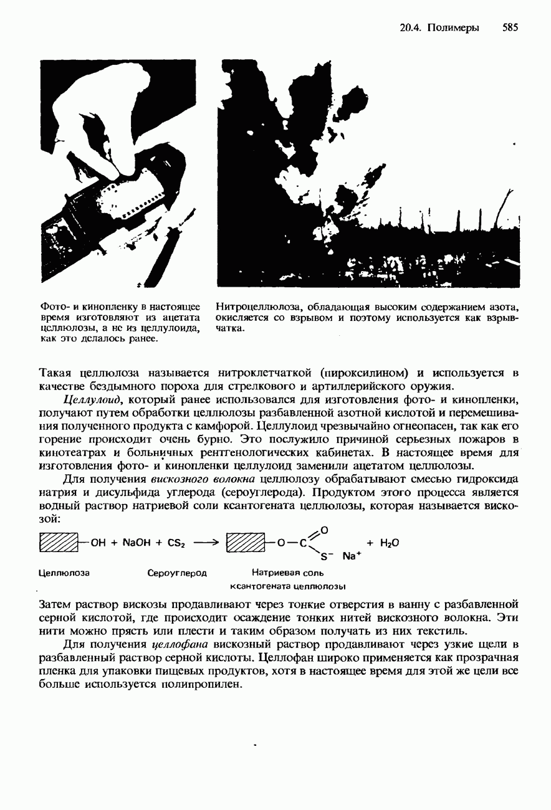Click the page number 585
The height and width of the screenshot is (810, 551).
(x=510, y=27)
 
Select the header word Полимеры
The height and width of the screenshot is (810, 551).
(x=453, y=27)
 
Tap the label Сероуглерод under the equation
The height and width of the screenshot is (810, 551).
(x=177, y=572)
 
